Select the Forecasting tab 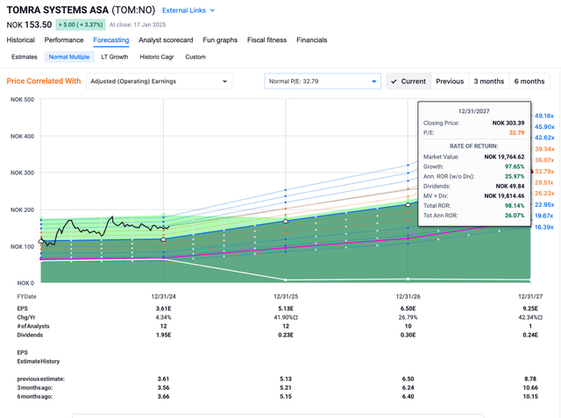pos(111,39)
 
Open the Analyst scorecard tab pos(167,39)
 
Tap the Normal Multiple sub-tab pos(69,57)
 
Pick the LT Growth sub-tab pos(115,57)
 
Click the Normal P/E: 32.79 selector pos(322,81)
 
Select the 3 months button pos(488,81)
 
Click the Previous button pos(449,81)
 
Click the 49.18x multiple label pos(543,116)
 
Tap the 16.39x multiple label pos(543,227)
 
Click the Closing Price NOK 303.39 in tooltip pos(505,123)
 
